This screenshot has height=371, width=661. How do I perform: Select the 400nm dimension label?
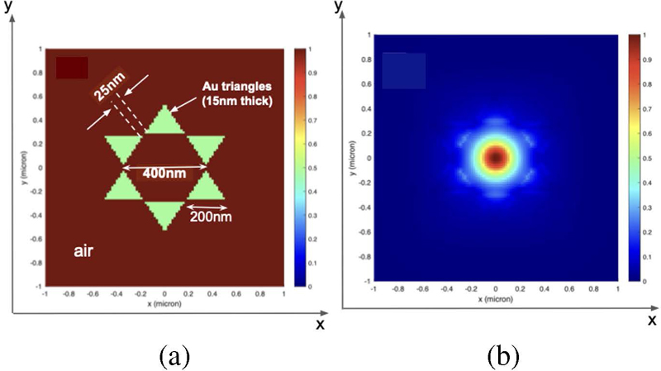[164, 175]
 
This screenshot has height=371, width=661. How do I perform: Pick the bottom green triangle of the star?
[165, 213]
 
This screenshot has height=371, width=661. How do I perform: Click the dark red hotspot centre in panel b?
[496, 157]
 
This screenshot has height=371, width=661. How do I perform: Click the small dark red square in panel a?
[71, 68]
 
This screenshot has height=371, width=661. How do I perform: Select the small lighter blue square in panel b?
[403, 70]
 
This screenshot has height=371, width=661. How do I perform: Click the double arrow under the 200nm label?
[204, 206]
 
